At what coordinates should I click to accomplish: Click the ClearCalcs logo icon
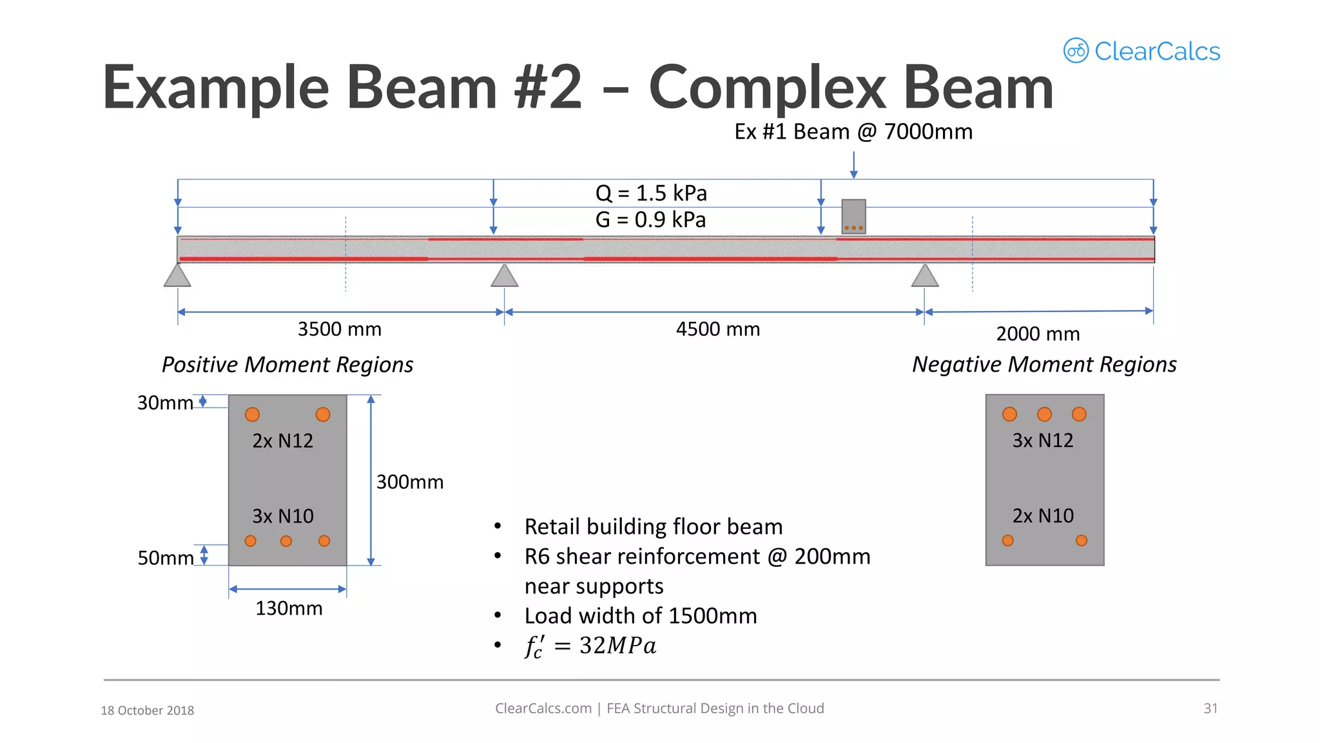tap(1076, 51)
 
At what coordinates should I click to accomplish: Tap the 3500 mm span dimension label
tap(340, 330)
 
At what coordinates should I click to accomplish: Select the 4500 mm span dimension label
tap(718, 330)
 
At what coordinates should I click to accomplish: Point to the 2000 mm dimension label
tap(1038, 334)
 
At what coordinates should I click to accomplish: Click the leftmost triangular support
tap(177, 275)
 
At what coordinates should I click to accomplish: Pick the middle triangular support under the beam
tap(504, 275)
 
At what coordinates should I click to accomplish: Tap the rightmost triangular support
tap(925, 275)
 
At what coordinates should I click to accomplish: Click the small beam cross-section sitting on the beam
tap(853, 216)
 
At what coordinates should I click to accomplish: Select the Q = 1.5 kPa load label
tap(651, 193)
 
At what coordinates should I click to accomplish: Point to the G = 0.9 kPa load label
tap(650, 220)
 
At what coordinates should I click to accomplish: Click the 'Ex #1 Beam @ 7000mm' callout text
tap(853, 132)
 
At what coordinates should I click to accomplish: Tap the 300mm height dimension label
tap(410, 482)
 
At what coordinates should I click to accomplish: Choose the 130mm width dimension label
tap(289, 608)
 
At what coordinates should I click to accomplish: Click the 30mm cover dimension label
tap(165, 403)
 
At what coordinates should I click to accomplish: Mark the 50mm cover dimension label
tap(166, 558)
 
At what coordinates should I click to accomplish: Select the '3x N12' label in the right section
tap(1043, 441)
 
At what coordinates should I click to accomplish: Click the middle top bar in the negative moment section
tap(1044, 414)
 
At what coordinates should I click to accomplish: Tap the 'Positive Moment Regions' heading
tap(287, 365)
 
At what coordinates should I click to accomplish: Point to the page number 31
tap(1210, 708)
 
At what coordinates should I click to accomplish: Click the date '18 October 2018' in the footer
tap(148, 710)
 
